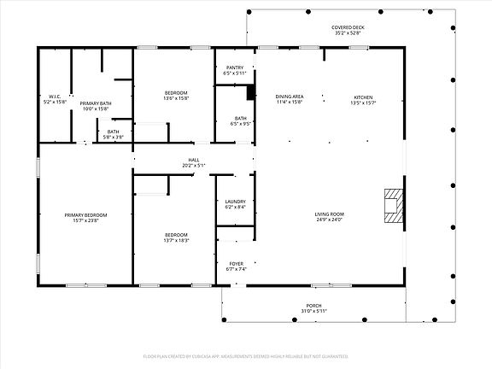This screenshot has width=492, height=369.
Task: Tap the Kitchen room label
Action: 364,97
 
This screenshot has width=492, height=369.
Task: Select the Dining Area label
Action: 290,97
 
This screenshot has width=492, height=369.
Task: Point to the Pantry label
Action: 235,67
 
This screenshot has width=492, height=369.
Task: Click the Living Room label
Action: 329,214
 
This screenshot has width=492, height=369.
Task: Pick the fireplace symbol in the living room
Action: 392,206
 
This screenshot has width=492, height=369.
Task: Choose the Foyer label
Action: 235,263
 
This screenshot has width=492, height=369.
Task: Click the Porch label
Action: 314,305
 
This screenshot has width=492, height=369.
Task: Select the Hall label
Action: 193,160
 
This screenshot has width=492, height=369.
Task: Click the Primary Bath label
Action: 97,102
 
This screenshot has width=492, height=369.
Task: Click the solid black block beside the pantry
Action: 251,91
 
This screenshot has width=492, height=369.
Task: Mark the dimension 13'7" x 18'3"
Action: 176,241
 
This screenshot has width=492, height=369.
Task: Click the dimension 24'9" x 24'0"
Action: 329,220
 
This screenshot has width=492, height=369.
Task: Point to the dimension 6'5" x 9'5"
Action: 240,123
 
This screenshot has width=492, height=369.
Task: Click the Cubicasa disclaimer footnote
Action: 246,354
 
